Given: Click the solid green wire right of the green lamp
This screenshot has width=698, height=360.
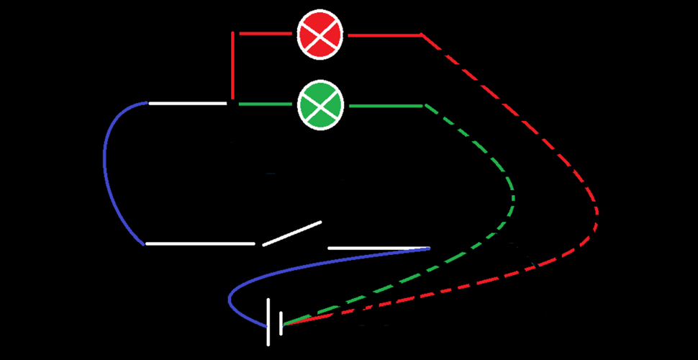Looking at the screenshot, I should [x=385, y=106].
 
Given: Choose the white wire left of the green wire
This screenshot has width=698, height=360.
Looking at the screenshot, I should [x=187, y=104].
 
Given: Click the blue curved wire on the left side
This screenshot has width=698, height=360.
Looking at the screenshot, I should [x=108, y=173].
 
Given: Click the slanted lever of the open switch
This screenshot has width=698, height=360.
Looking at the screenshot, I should [x=291, y=233].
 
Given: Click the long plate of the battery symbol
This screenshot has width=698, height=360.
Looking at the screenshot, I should [x=268, y=321].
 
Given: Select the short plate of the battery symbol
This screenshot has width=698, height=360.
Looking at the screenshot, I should [x=281, y=320].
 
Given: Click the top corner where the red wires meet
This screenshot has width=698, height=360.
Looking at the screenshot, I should [x=232, y=33].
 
